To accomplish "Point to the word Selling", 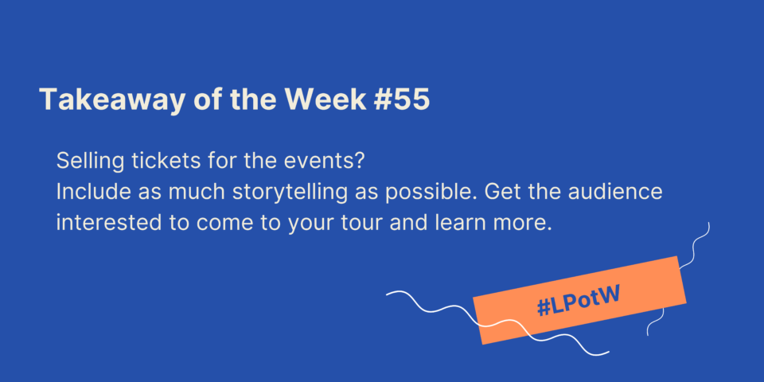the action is pyautogui.click(x=90, y=162).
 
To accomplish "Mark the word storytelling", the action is pyautogui.click(x=290, y=193).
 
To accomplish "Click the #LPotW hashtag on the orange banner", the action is pyautogui.click(x=578, y=302).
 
